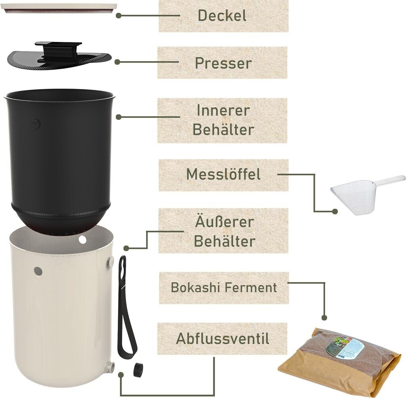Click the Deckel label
pos(222,16)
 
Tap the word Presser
pos(223,63)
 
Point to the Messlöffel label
pos(223,174)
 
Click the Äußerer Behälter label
pos(224,231)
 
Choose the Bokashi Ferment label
pos(224,288)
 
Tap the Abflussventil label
pos(222,339)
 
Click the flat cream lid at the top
pos(61,8)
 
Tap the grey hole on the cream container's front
pos(38,271)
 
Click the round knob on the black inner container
pos(35,124)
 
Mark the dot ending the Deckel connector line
pos(118,15)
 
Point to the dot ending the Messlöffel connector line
pos(335,212)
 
